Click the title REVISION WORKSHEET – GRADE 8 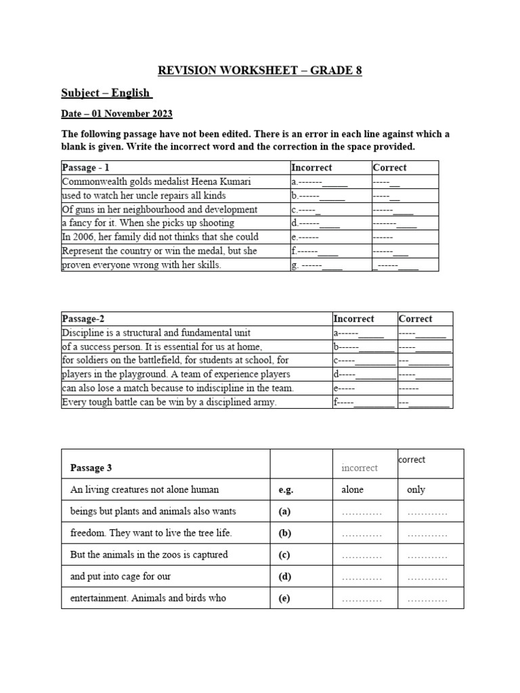260,70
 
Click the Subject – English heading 106,93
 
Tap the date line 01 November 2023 116,113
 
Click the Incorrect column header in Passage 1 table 311,167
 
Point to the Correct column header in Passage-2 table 415,318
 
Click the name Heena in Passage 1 213,181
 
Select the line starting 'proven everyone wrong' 142,265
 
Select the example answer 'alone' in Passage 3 352,489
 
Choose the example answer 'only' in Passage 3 416,489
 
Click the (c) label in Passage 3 284,555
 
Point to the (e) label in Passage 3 284,598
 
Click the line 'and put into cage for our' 121,577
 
